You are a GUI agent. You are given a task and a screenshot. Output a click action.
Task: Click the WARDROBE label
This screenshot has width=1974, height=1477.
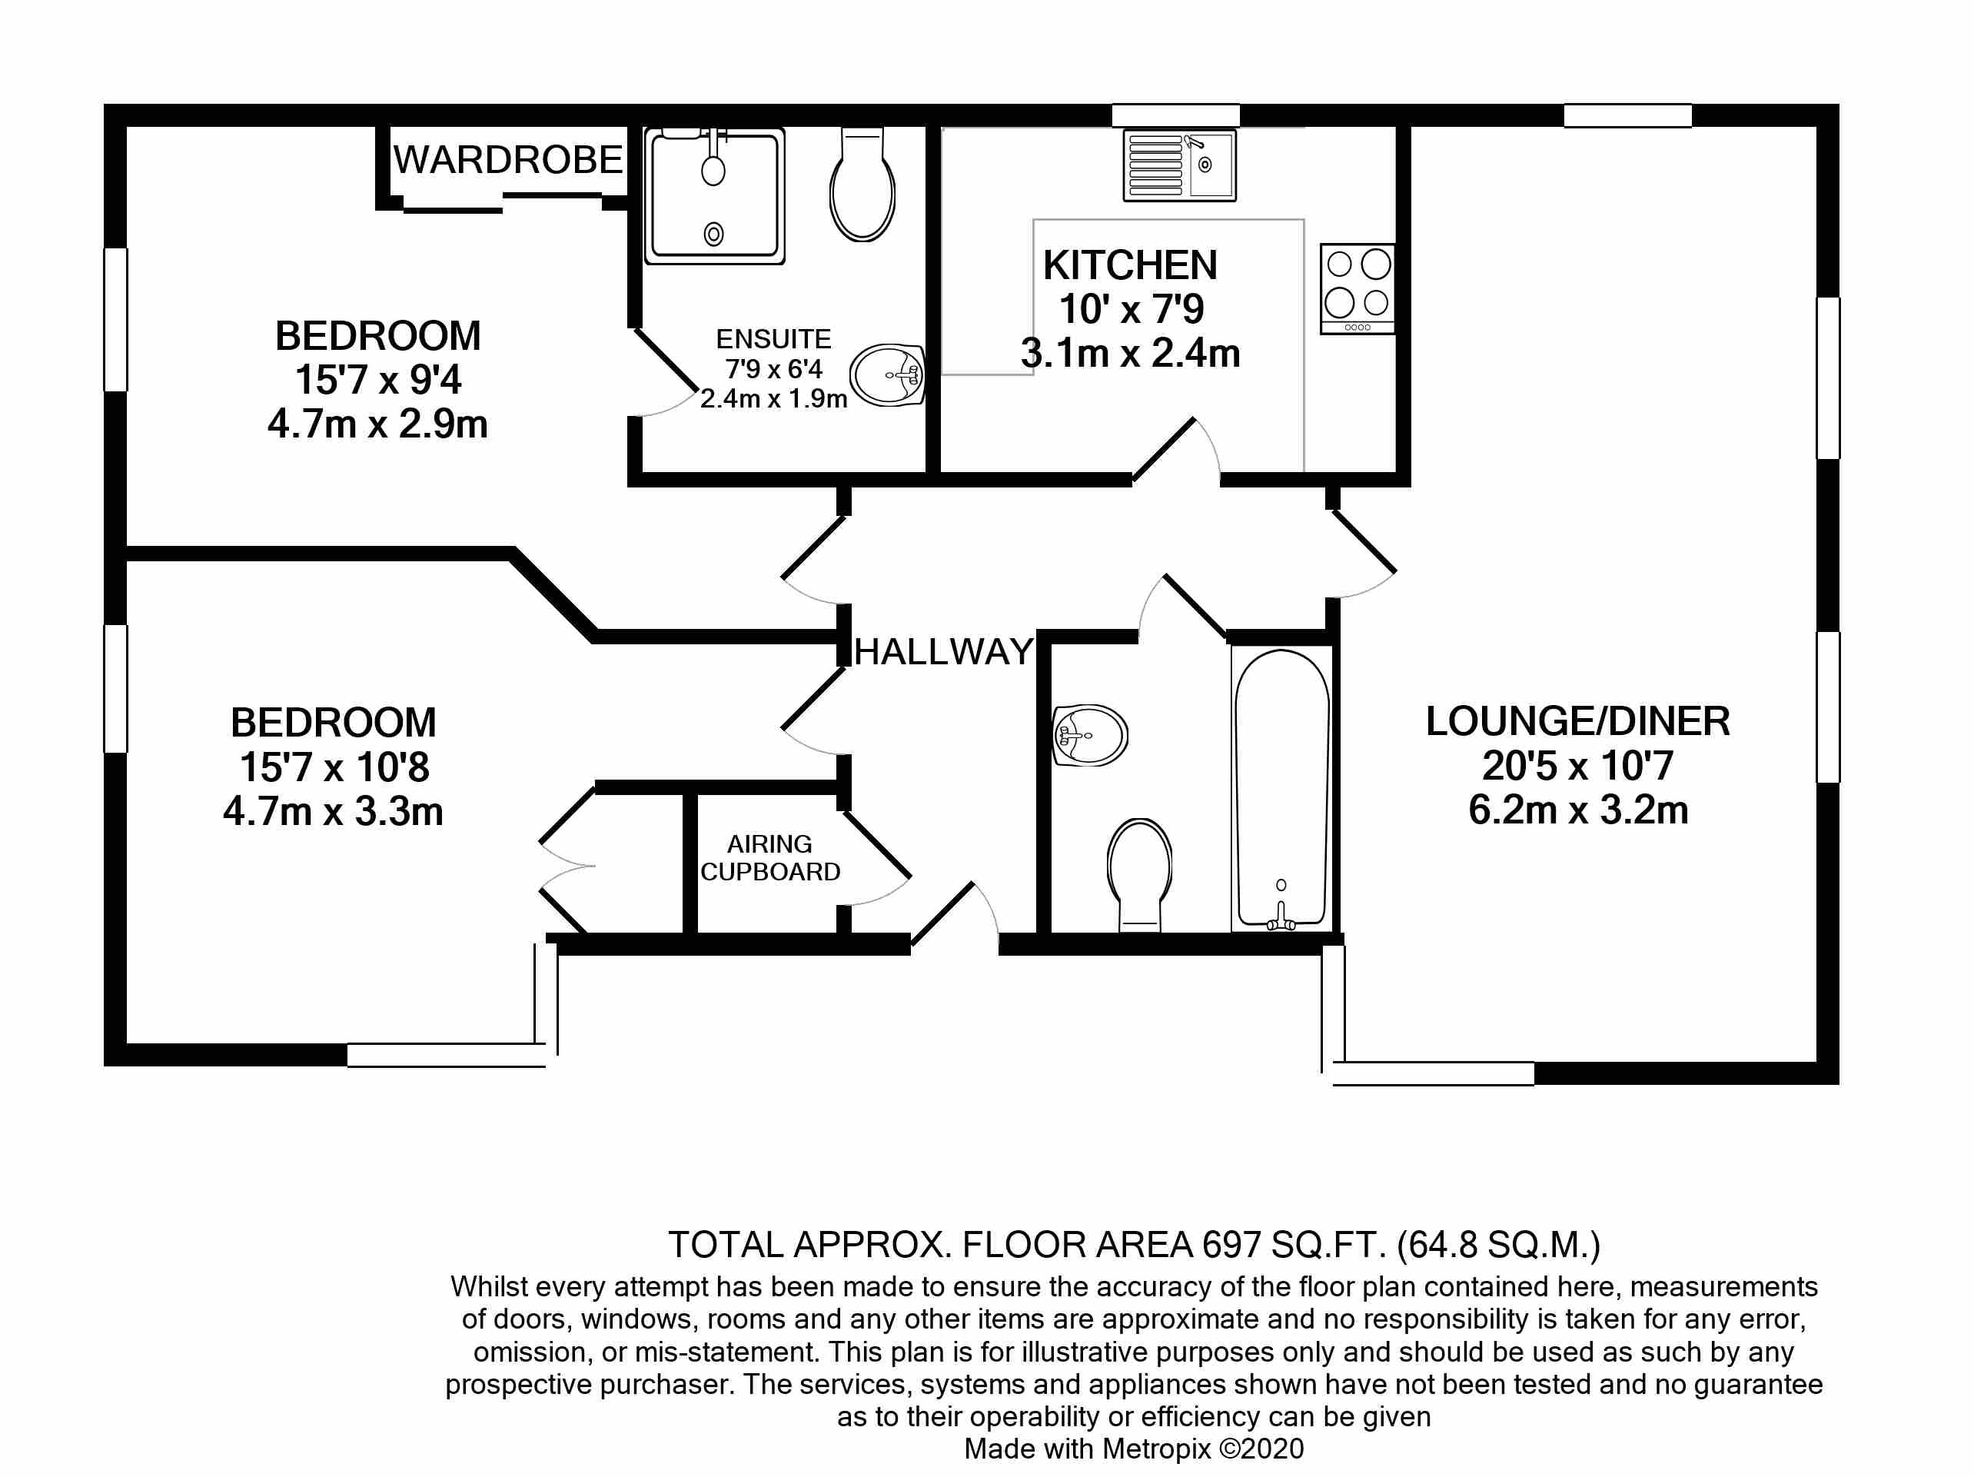click(508, 161)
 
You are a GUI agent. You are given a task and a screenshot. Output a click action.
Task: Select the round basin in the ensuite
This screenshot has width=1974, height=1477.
click(886, 375)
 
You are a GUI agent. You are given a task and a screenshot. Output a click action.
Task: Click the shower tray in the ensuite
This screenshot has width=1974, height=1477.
click(714, 195)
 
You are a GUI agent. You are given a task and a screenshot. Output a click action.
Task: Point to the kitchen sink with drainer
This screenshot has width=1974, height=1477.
click(1179, 165)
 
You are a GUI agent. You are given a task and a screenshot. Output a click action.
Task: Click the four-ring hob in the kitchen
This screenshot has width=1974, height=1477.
click(1357, 288)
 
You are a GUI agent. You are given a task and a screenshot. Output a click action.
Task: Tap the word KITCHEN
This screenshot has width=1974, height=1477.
click(1130, 265)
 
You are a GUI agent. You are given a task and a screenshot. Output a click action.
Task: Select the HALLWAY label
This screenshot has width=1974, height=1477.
click(943, 652)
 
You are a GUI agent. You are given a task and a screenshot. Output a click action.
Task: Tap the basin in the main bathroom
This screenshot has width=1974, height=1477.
click(1090, 734)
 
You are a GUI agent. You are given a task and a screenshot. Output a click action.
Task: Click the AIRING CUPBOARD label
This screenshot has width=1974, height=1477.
click(769, 857)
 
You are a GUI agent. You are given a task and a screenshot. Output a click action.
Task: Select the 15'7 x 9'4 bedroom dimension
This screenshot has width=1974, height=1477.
click(377, 380)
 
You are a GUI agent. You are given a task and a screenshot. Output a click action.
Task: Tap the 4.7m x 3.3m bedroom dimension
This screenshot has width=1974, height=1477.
click(333, 812)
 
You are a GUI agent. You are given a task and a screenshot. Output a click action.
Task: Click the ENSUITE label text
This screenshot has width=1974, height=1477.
click(773, 339)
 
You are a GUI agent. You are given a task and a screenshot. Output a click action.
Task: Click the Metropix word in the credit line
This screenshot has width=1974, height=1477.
click(1157, 1449)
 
